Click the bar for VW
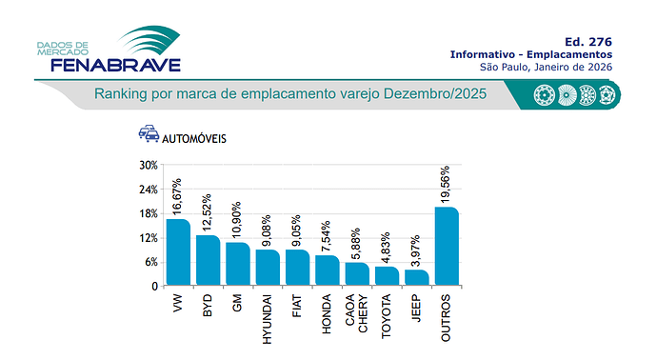(178, 252)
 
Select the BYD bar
(208, 260)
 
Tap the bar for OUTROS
(447, 246)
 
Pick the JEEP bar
(416, 277)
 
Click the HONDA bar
(327, 270)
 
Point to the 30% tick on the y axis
(148, 165)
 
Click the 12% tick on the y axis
(148, 238)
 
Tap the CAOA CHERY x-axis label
(357, 313)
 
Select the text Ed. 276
(587, 41)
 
